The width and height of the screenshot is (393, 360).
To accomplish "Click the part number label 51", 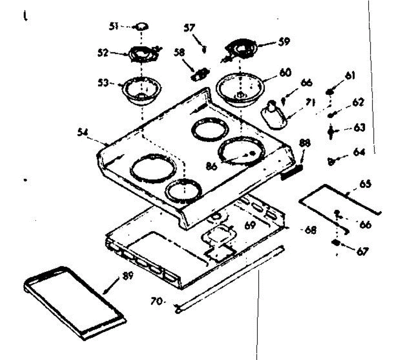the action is tap(114, 26).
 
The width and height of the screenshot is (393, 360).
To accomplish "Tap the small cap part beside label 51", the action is tap(141, 27).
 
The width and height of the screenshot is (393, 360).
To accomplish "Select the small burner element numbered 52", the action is tap(144, 54).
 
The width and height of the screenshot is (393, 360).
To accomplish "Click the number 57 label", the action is tap(189, 28).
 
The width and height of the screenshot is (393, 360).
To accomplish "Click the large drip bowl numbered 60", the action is tap(240, 89).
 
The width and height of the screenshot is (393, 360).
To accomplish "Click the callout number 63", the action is tap(360, 128).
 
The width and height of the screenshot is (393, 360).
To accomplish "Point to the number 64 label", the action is tap(359, 152).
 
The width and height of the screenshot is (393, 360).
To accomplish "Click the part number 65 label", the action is tap(365, 184).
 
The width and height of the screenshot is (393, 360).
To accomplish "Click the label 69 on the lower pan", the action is tap(250, 225).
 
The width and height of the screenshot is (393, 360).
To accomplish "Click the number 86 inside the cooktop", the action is tap(212, 166).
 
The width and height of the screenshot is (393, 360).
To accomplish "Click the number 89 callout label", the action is tap(128, 276).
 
